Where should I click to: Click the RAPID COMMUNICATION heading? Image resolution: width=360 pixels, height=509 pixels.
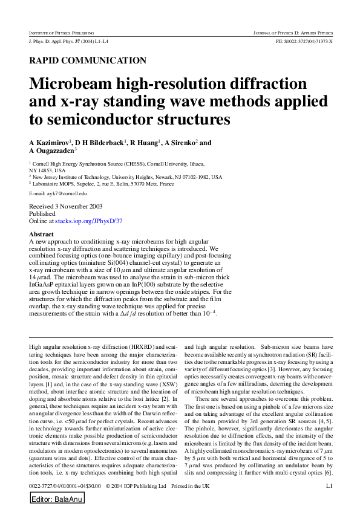tap(88, 60)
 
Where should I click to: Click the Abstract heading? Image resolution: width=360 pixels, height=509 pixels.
tap(41, 234)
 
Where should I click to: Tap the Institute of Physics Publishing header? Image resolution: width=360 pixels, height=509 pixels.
tap(66, 31)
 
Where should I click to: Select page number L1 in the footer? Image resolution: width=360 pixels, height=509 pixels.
tap(329, 485)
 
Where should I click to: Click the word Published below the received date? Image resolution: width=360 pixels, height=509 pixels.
tap(42, 214)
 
